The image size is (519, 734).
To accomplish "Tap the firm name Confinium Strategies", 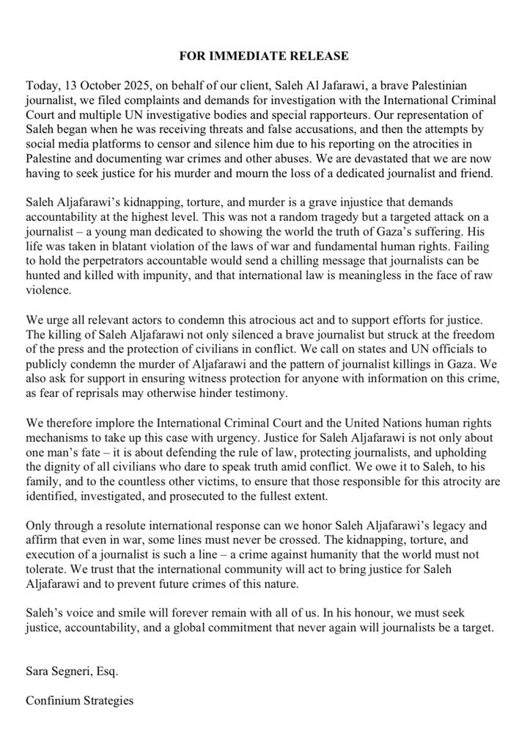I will coord(80,701).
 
